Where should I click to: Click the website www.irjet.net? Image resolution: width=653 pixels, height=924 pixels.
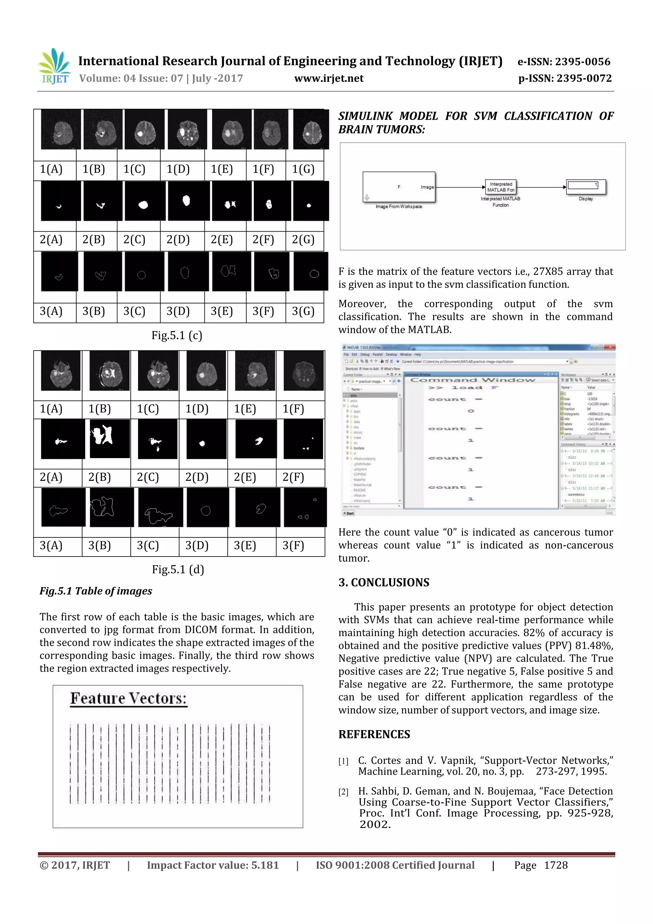329,78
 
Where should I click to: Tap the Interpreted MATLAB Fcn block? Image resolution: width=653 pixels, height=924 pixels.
501,187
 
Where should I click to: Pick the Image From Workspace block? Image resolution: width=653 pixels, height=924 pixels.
399,187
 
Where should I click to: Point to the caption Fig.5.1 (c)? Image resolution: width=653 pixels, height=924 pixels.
177,335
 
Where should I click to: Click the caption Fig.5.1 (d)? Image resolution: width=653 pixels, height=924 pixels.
178,569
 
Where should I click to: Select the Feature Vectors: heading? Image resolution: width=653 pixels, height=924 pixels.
129,698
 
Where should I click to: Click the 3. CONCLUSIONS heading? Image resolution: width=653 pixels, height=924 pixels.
384,582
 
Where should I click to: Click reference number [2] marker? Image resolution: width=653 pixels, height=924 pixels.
343,792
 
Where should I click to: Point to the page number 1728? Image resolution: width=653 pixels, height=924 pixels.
556,865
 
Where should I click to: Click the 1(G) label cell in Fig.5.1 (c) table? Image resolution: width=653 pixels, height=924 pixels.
303,169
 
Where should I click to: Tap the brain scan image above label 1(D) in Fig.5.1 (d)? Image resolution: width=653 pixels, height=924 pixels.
206,371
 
